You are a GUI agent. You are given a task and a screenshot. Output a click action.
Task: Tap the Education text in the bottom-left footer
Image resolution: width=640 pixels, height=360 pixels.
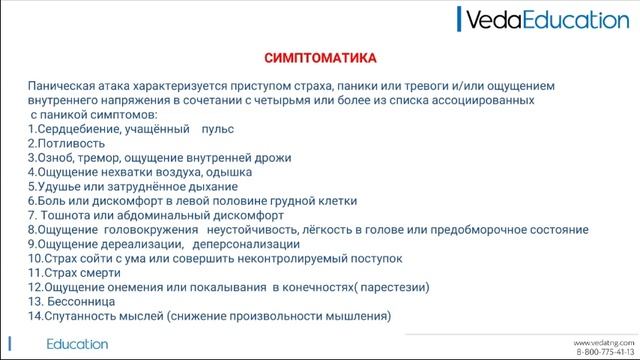tap(77, 344)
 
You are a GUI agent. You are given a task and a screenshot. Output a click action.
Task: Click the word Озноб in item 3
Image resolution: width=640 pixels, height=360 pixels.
tap(55, 158)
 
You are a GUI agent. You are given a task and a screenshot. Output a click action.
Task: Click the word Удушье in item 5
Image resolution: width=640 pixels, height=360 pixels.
tap(58, 187)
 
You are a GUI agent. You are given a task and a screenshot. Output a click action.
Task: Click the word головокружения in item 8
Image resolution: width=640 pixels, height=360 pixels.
tap(148, 230)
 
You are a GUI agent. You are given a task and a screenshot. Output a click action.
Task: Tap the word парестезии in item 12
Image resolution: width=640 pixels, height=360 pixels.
tap(391, 287)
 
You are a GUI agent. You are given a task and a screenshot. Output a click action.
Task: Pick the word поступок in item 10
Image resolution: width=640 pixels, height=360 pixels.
tap(376, 258)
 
